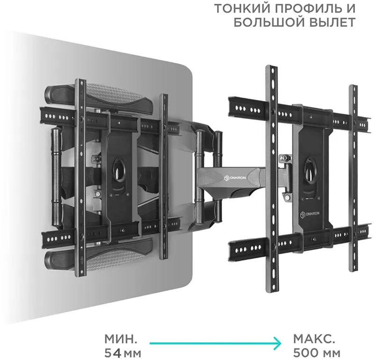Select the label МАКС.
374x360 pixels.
click(313, 338)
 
